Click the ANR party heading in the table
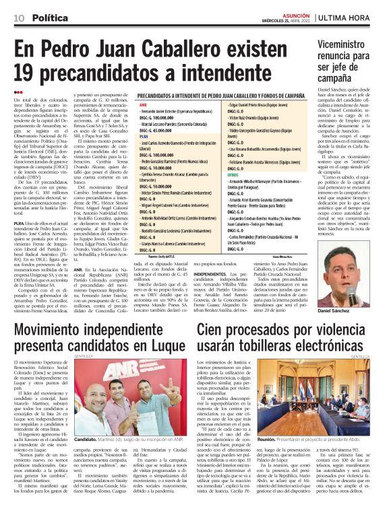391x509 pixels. pos(142,105)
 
